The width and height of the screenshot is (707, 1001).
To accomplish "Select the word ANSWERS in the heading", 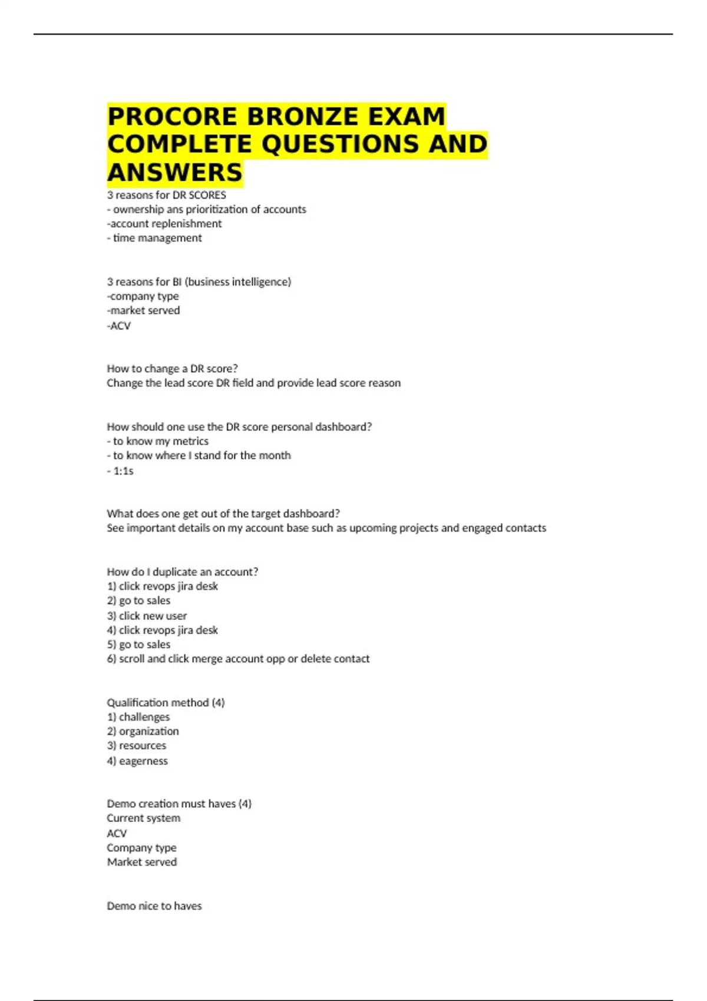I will click(x=175, y=173).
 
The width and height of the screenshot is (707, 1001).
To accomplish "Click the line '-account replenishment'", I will click(x=164, y=224).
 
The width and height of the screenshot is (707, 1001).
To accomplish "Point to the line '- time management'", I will click(x=154, y=238).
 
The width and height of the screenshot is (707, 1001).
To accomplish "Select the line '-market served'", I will click(x=143, y=310).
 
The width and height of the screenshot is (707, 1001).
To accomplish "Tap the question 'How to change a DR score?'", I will click(x=172, y=369).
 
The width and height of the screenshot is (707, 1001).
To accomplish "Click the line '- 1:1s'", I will click(x=120, y=471).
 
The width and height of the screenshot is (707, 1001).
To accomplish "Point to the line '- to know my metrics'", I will click(x=157, y=441).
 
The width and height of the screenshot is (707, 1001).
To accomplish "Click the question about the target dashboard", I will click(x=223, y=513).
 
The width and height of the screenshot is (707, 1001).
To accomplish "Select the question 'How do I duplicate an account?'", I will click(x=182, y=572).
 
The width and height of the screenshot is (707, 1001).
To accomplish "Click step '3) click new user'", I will click(x=147, y=616).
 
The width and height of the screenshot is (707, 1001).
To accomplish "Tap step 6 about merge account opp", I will click(x=238, y=659).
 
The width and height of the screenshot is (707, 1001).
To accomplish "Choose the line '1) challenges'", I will click(x=138, y=717).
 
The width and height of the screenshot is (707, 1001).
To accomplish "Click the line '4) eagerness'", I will click(x=137, y=761).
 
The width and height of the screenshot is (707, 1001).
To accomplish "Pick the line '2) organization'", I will click(x=143, y=731).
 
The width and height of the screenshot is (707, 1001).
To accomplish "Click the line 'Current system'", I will click(x=143, y=818).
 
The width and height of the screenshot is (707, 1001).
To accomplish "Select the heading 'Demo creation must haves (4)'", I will click(x=179, y=804).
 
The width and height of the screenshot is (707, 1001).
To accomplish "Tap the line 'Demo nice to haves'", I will click(x=154, y=906).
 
